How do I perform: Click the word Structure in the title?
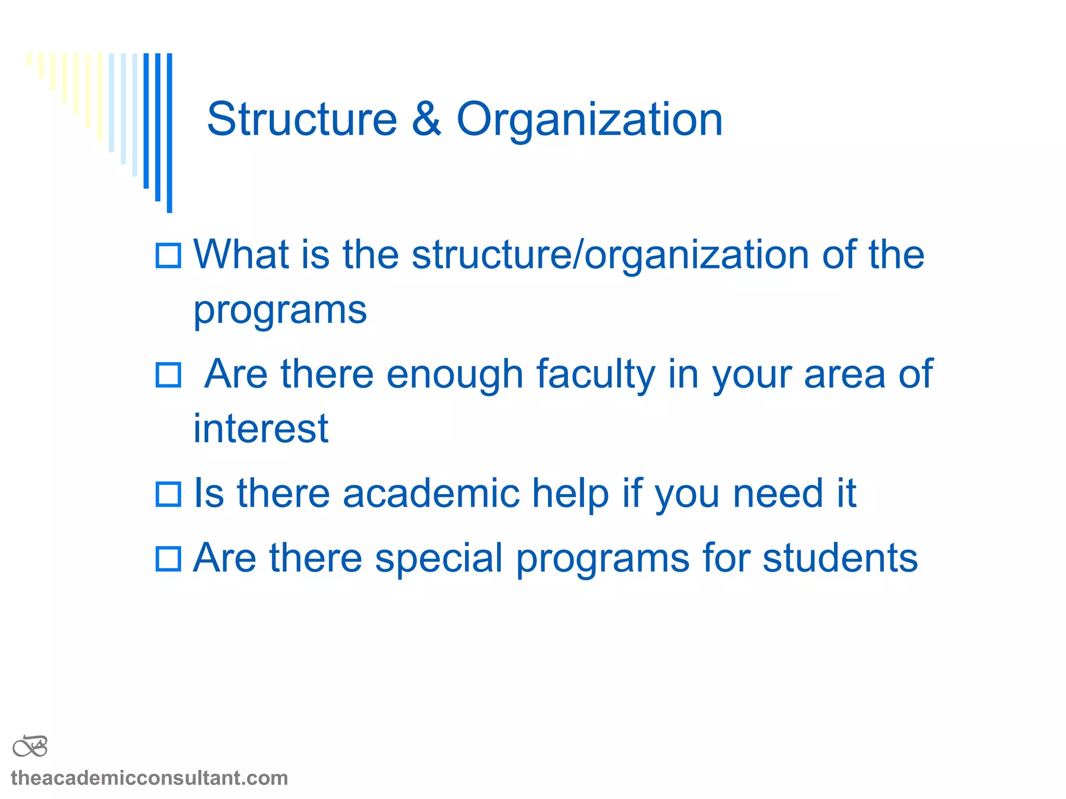[x=302, y=120]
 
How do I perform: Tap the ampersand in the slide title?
[x=427, y=120]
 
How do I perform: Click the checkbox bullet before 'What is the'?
[x=169, y=256]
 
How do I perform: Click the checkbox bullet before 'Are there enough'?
[x=169, y=375]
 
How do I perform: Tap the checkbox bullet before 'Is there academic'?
[x=169, y=494]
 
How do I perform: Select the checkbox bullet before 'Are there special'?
[x=169, y=559]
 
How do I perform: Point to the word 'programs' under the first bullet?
[x=280, y=311]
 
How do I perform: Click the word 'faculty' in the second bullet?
[x=595, y=375]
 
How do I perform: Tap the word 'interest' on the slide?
[x=261, y=429]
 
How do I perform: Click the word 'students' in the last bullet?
[x=840, y=558]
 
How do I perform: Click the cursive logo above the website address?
[x=30, y=747]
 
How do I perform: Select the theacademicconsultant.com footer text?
[x=149, y=778]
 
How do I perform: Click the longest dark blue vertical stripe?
[x=170, y=133]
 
